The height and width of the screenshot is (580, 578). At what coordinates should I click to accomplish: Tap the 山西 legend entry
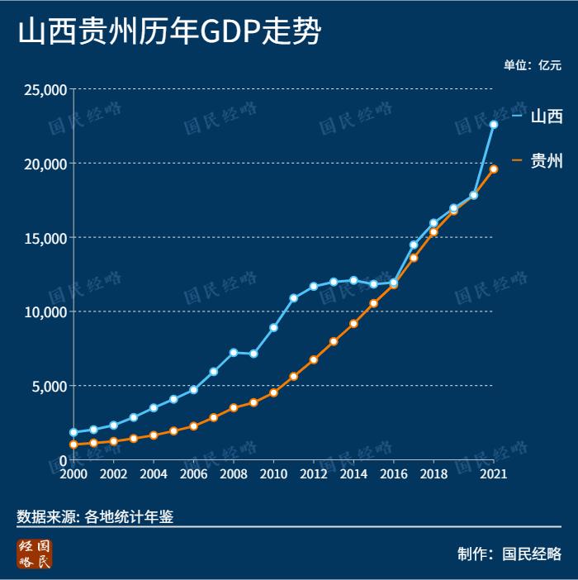(546, 116)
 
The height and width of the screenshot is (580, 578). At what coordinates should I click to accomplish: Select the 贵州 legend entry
(546, 161)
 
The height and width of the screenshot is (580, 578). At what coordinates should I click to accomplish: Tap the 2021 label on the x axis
(493, 474)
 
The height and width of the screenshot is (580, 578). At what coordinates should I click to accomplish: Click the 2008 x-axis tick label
(234, 474)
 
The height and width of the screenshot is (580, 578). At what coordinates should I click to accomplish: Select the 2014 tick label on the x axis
(353, 474)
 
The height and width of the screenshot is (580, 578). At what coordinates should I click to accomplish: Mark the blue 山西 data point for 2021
(494, 124)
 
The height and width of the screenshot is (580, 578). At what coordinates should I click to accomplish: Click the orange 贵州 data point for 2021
(494, 169)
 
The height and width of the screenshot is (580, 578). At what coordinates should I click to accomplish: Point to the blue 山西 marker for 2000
(73, 432)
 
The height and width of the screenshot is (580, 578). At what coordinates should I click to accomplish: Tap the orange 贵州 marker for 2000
(73, 445)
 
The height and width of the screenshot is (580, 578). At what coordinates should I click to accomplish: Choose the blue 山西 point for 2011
(293, 297)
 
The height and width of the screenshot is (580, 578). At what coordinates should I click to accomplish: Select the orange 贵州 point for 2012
(314, 359)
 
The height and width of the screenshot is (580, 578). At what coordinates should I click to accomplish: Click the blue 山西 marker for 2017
(414, 245)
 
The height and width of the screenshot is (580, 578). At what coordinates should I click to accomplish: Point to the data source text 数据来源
(95, 516)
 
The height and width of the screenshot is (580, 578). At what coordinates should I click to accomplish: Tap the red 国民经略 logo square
(35, 554)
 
